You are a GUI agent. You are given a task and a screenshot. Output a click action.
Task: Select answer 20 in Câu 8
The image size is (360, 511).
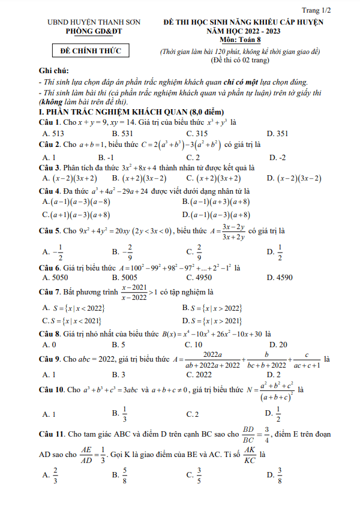[278, 344]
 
